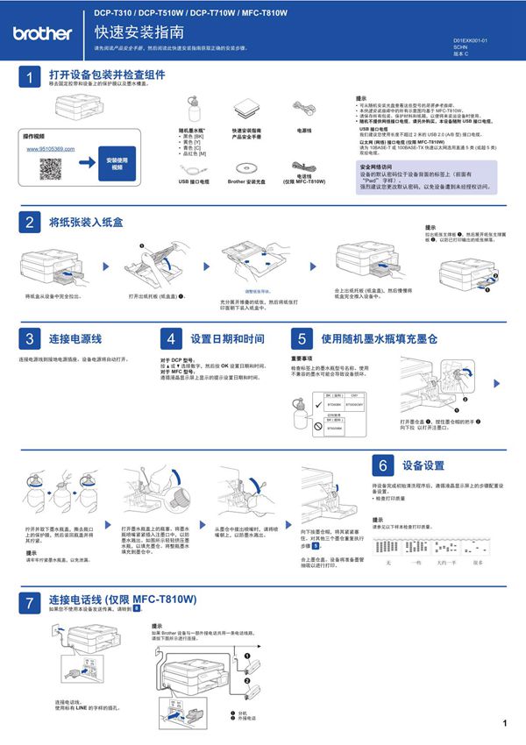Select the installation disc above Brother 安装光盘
tap(246, 163)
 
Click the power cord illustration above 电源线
tap(304, 109)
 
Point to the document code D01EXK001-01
tap(470, 41)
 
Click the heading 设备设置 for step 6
tap(423, 465)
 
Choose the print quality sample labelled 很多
tap(477, 548)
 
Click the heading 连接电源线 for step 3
tap(75, 338)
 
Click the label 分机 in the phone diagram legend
tap(243, 713)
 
